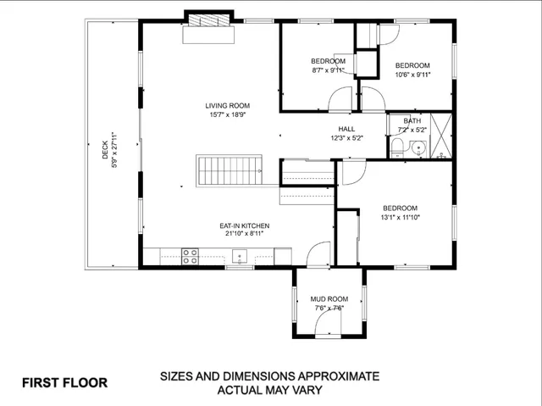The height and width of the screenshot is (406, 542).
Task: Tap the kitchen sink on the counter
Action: pyautogui.click(x=240, y=256)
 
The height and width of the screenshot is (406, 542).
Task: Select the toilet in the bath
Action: pyautogui.click(x=397, y=149)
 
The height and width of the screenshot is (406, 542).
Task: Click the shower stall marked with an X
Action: pyautogui.click(x=440, y=136)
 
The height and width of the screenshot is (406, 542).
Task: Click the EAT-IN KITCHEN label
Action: pyautogui.click(x=245, y=225)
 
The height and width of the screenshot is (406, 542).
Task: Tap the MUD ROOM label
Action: pyautogui.click(x=329, y=299)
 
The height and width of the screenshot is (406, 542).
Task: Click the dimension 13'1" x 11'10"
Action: pyautogui.click(x=401, y=218)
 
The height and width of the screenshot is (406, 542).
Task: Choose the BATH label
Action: pyautogui.click(x=412, y=121)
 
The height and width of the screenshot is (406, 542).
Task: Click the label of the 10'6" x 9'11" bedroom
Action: pyautogui.click(x=412, y=65)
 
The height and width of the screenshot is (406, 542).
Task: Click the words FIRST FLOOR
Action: pyautogui.click(x=64, y=382)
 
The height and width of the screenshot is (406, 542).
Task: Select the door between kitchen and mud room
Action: pyautogui.click(x=318, y=253)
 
